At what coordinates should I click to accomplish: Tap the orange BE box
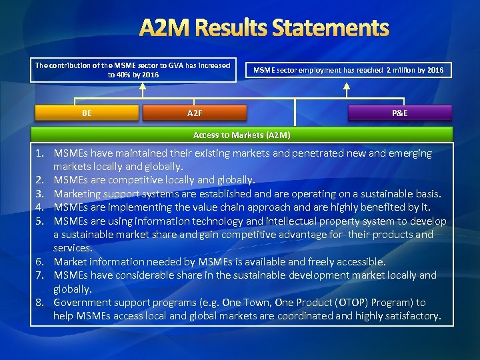pyautogui.click(x=87, y=113)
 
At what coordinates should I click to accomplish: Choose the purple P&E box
pyautogui.click(x=400, y=113)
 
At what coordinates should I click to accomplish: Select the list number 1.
pyautogui.click(x=41, y=153)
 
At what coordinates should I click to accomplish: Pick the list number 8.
pyautogui.click(x=41, y=302)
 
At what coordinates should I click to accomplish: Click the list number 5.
pyautogui.click(x=41, y=221)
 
